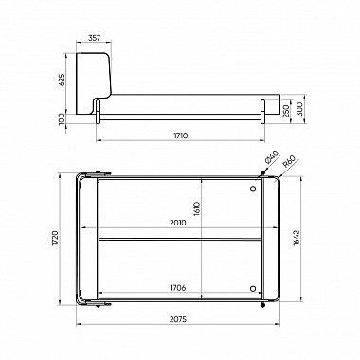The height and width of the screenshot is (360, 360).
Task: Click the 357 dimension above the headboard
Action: click(94, 38)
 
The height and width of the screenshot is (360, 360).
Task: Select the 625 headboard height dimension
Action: click(62, 80)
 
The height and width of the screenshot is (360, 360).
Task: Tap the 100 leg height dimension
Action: click(62, 119)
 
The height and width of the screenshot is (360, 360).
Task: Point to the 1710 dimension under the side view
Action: click(181, 135)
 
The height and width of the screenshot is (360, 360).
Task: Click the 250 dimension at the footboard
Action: click(286, 111)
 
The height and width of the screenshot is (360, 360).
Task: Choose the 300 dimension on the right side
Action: click(299, 108)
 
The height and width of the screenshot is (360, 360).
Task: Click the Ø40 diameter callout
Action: click(272, 157)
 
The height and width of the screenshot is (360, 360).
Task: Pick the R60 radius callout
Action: click(289, 161)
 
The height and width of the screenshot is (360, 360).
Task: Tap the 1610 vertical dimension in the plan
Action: click(197, 208)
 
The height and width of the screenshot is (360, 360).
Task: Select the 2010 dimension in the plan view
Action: click(178, 223)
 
